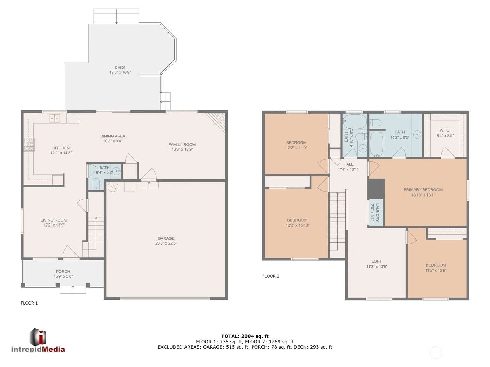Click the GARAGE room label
(166, 238)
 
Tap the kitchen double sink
(55, 118)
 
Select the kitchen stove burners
(29, 145)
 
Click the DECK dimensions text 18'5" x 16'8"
(120, 72)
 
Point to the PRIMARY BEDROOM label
(423, 190)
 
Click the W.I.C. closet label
(445, 130)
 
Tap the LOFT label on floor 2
(377, 261)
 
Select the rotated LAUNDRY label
(377, 212)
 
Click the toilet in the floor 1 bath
(96, 184)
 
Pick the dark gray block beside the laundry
(376, 189)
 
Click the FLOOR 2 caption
(271, 276)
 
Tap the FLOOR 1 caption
(29, 303)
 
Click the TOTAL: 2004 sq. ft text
(245, 336)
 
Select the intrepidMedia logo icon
(38, 337)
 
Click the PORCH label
(63, 272)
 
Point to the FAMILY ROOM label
(182, 144)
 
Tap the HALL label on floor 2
(348, 164)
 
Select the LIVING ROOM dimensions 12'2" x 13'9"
(54, 225)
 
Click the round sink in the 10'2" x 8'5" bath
(417, 134)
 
